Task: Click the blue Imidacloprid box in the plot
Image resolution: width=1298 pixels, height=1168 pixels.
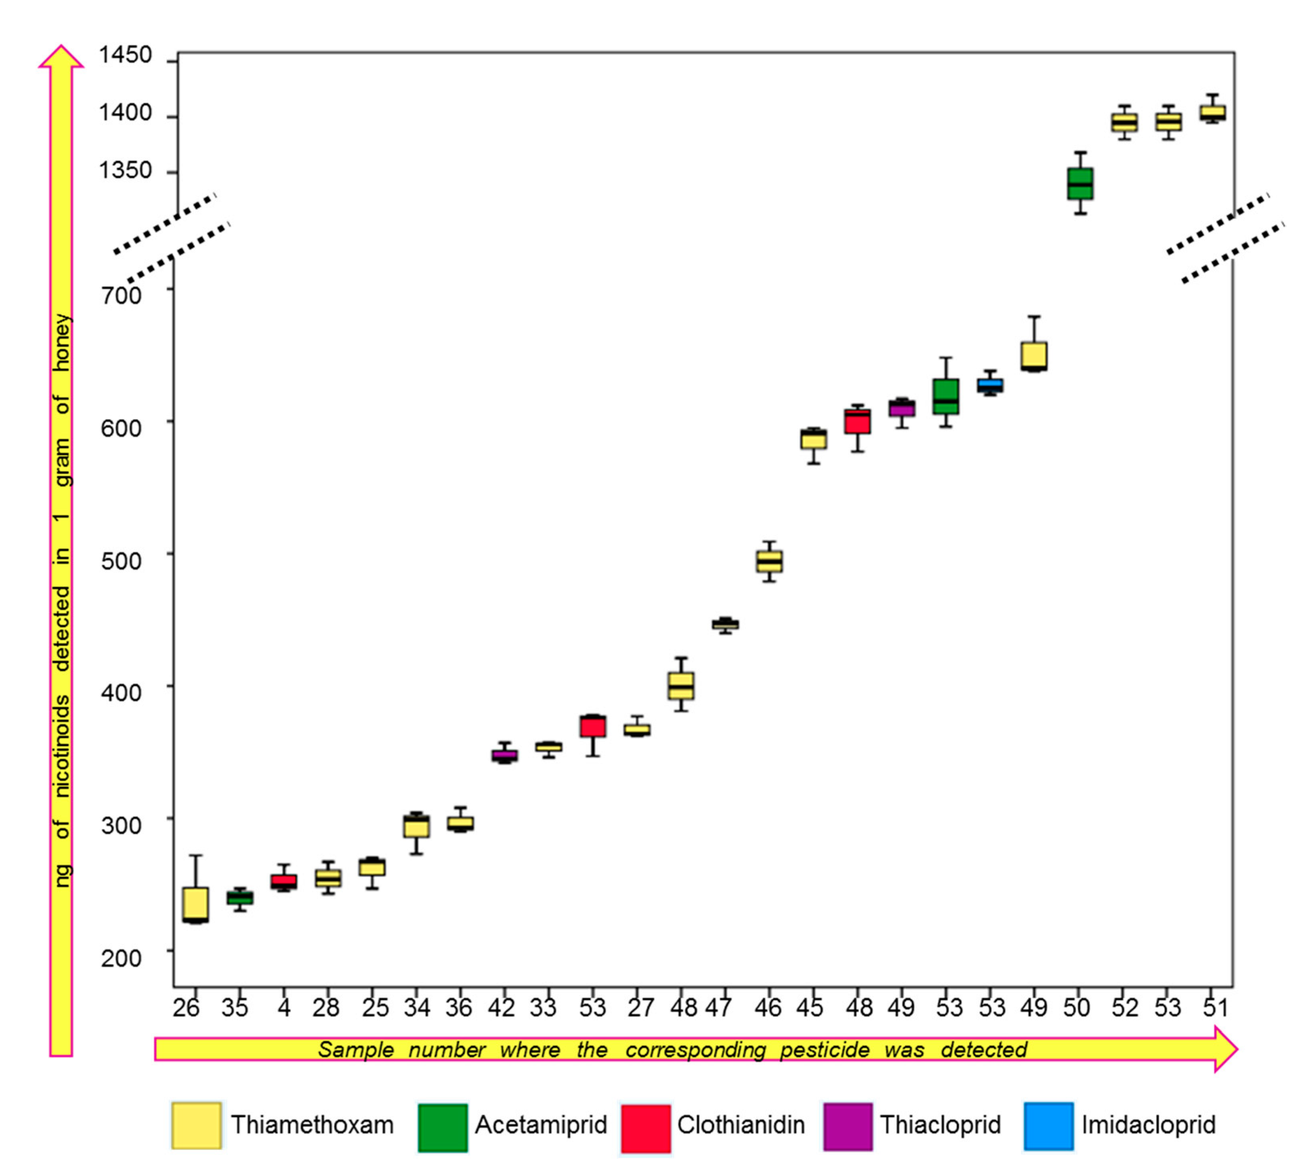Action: [x=990, y=385]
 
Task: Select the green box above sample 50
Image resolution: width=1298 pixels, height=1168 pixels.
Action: [x=1080, y=183]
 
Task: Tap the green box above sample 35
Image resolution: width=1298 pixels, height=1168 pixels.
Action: [x=239, y=898]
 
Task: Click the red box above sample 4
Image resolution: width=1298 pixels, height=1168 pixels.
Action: [x=283, y=881]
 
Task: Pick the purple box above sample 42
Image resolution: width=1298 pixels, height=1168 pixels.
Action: [x=504, y=755]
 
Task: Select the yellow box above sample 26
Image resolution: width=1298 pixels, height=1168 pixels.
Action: [x=195, y=904]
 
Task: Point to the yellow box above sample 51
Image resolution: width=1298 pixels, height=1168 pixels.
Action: [x=1212, y=112]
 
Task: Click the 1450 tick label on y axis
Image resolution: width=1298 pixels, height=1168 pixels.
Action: [x=125, y=55]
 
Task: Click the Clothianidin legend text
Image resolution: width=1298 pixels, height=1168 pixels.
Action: [x=740, y=1125]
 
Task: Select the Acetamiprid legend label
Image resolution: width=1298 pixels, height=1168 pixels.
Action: [x=540, y=1125]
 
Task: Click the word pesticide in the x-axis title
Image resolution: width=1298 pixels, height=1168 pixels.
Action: [x=824, y=1050]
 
